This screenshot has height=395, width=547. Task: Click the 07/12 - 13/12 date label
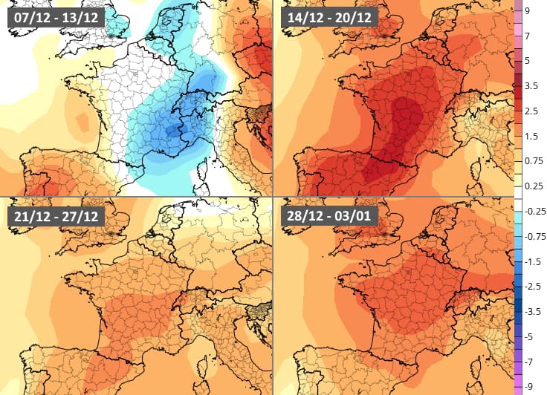[x=56, y=16]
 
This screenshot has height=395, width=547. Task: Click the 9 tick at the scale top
[x=527, y=11]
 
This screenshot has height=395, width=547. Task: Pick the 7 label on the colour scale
[x=527, y=36]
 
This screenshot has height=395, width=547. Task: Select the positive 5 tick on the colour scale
[x=527, y=60]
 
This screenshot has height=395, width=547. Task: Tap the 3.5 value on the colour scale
[x=531, y=85]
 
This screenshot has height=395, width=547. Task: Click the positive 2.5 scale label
[x=531, y=111]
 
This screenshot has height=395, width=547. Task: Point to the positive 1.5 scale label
[x=531, y=136]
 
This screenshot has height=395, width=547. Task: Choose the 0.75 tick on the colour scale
[x=533, y=161]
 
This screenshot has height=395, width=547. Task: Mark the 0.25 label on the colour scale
[x=533, y=186]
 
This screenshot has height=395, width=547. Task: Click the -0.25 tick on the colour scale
[x=534, y=212]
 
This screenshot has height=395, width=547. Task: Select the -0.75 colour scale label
[x=534, y=237]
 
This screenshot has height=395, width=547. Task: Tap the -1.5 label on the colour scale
[x=532, y=262]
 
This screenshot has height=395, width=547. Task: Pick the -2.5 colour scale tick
[x=532, y=287]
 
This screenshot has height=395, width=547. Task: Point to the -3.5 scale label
[x=532, y=312]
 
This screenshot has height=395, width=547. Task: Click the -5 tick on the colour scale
[x=528, y=337]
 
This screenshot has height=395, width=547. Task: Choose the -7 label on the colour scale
[x=528, y=362]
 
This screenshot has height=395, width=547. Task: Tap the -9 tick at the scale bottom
[x=528, y=386]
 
